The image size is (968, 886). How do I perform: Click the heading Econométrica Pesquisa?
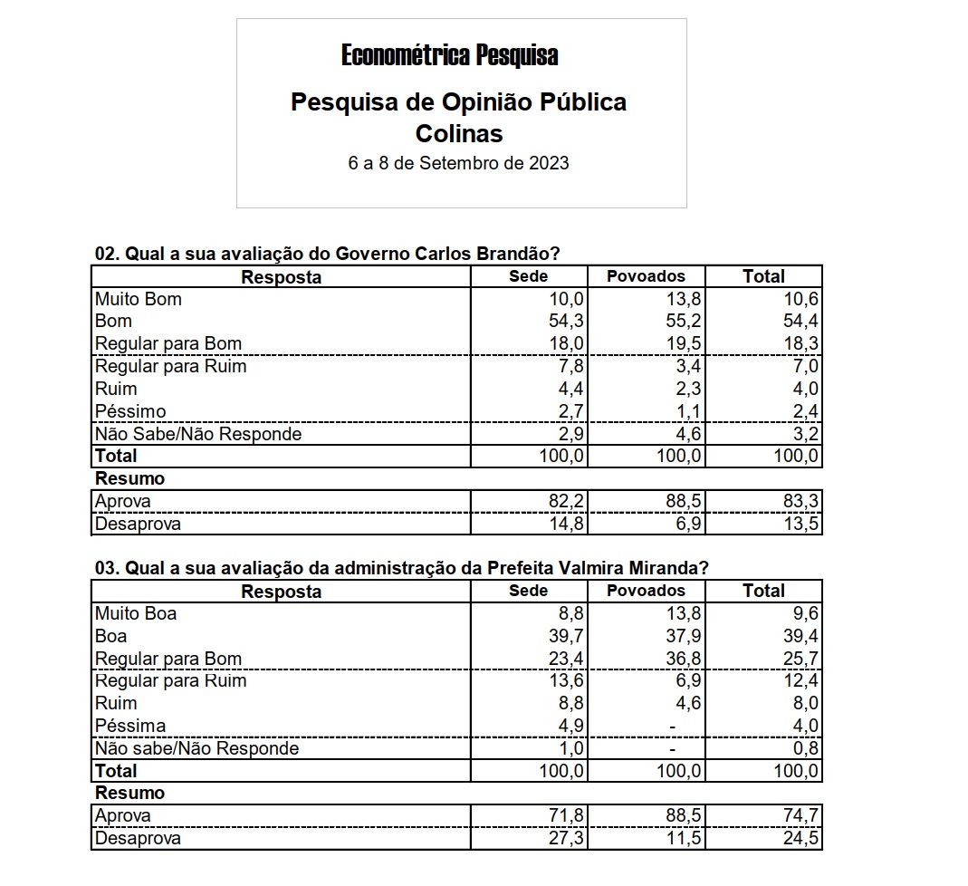[x=449, y=56]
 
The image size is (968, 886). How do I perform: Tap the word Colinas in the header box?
[x=458, y=133]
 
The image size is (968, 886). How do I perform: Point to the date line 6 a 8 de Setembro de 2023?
[x=458, y=164]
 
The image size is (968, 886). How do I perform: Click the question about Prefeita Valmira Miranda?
[x=401, y=568]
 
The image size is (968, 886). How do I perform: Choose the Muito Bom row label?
[x=139, y=299]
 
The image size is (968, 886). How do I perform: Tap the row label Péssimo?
[x=130, y=411]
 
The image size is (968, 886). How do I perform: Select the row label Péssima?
[x=130, y=726]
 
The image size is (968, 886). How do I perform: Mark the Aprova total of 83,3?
[x=801, y=502]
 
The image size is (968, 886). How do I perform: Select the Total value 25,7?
[x=801, y=659]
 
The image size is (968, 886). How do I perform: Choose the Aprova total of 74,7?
[x=801, y=816]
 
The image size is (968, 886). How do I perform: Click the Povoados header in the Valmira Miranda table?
[x=646, y=591]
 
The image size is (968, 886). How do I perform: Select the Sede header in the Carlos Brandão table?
[x=529, y=276]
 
